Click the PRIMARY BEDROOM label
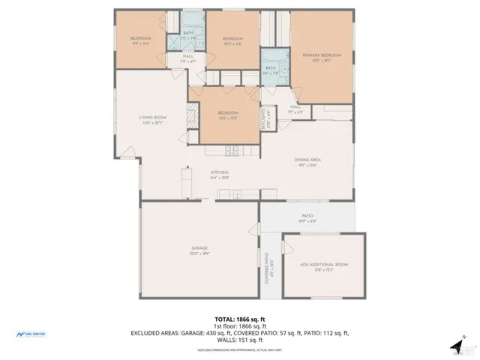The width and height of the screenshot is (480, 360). (321, 56)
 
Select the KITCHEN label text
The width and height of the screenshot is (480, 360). (218, 174)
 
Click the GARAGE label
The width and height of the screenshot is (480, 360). (199, 248)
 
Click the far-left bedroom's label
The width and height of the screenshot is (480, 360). (141, 39)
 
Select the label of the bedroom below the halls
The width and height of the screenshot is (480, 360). (228, 114)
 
